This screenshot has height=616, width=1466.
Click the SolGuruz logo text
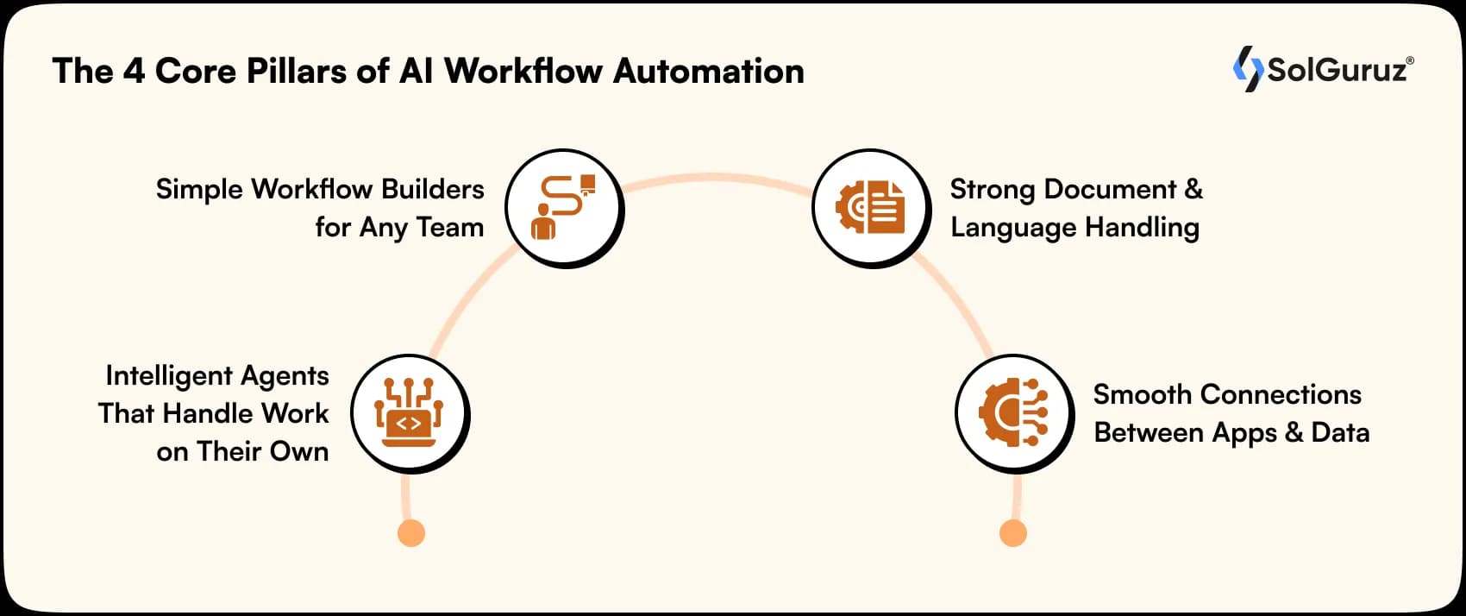[x=1338, y=70]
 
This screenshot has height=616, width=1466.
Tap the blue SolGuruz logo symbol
[x=1247, y=69]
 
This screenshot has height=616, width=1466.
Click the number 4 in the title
[x=133, y=71]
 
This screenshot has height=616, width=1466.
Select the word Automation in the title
[x=708, y=71]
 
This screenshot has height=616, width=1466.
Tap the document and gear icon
[x=869, y=207]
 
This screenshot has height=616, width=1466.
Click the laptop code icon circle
[x=409, y=412]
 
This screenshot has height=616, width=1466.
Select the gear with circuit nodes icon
[x=1013, y=412]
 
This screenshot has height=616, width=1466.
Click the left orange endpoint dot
[x=411, y=532]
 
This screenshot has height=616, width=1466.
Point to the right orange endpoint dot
[x=1012, y=532]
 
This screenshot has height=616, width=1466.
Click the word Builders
[x=432, y=189]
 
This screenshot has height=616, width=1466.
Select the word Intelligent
[x=168, y=376]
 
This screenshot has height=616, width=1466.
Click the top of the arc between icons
[x=716, y=179]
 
